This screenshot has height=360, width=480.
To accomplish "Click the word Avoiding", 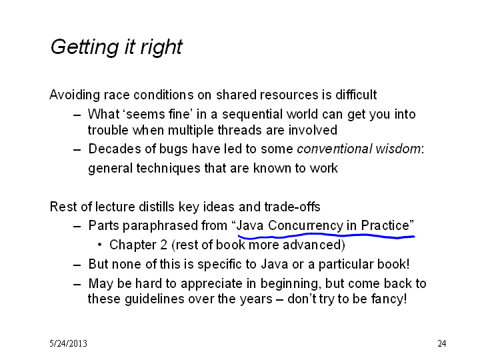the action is coord(75,95).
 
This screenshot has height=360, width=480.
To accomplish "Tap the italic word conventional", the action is coord(334,149).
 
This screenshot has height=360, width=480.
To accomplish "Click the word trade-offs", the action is coord(292,207).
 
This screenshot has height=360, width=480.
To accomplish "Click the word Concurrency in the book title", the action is coord(305,226).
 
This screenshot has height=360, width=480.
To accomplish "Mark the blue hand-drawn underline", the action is coord(326,236).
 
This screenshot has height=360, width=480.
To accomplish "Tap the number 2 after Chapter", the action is coord(164,245).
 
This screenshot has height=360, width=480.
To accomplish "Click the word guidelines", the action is coord(154,299).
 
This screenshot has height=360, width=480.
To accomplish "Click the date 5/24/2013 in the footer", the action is coord(68,343).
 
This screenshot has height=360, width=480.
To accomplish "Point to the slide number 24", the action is coord(442,343).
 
